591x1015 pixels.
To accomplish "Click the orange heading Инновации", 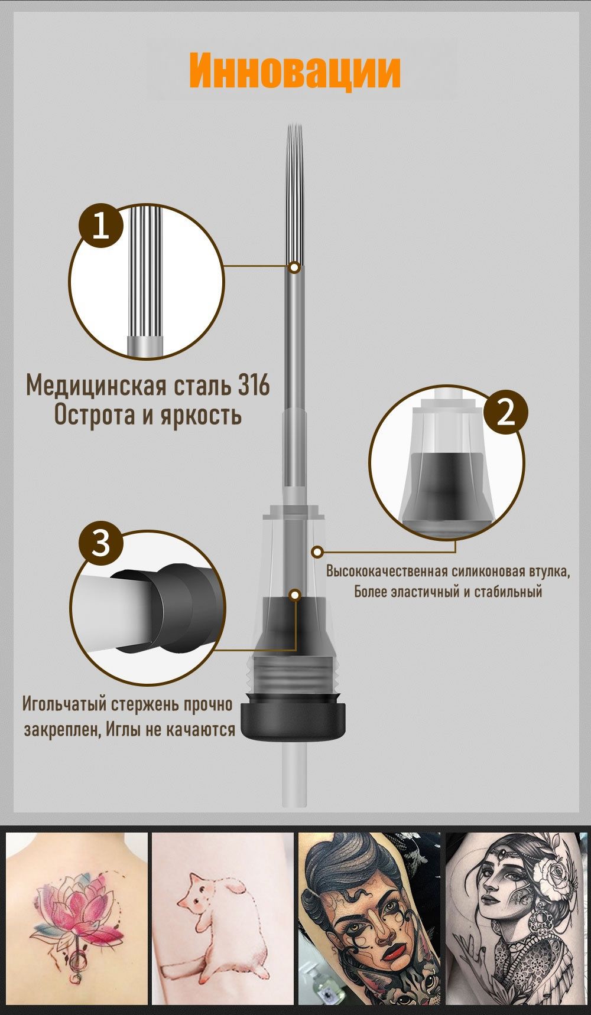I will click(x=294, y=71).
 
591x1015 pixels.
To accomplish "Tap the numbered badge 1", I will click(x=100, y=226).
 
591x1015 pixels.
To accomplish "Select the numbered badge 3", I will click(x=101, y=543).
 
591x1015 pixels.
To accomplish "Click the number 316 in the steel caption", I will click(x=254, y=386).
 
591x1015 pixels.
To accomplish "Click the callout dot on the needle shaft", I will click(x=295, y=267).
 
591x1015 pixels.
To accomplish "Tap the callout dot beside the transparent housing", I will click(x=318, y=552).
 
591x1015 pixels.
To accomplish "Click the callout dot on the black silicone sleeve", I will click(x=295, y=594).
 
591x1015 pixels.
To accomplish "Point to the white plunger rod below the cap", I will click(x=295, y=774).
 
